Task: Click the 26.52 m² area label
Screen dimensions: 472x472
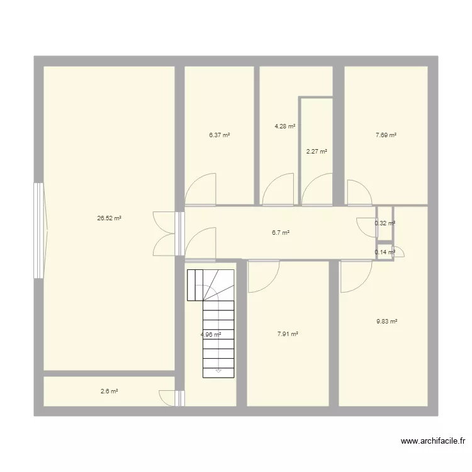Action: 109,219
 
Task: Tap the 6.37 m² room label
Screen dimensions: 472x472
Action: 220,135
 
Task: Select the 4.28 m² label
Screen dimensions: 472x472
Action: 284,126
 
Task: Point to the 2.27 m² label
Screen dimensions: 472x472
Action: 317,151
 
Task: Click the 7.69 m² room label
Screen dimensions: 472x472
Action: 386,135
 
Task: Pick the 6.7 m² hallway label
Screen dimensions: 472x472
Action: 281,233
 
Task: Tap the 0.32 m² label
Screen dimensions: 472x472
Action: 385,223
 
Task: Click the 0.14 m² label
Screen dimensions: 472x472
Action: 385,252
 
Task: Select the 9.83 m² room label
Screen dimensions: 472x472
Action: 387,322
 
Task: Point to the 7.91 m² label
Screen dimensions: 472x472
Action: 288,334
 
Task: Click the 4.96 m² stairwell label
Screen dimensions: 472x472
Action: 211,334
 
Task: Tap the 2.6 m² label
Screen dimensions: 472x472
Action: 110,391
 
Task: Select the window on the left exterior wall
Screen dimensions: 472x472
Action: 39,231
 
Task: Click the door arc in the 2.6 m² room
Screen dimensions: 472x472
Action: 167,398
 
